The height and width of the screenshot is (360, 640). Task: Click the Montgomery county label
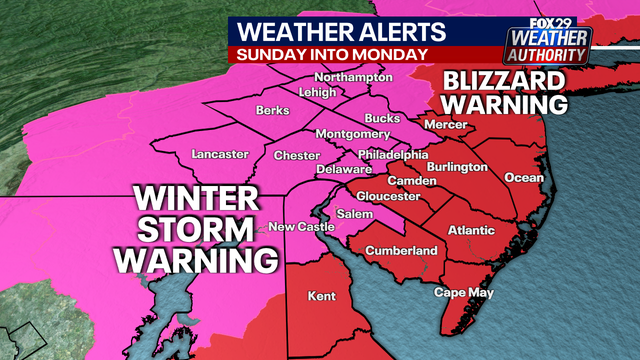tap(351, 133)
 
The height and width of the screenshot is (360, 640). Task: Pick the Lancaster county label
tap(218, 154)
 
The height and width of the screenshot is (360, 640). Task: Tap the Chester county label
tap(296, 156)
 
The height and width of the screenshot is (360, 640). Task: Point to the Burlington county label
tap(461, 166)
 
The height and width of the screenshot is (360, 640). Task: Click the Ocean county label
tap(524, 178)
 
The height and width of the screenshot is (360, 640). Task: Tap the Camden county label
tap(418, 181)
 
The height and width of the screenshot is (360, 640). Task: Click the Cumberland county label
tap(402, 249)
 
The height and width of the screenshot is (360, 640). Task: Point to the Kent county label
tap(320, 297)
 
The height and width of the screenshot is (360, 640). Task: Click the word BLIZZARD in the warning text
tap(505, 80)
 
